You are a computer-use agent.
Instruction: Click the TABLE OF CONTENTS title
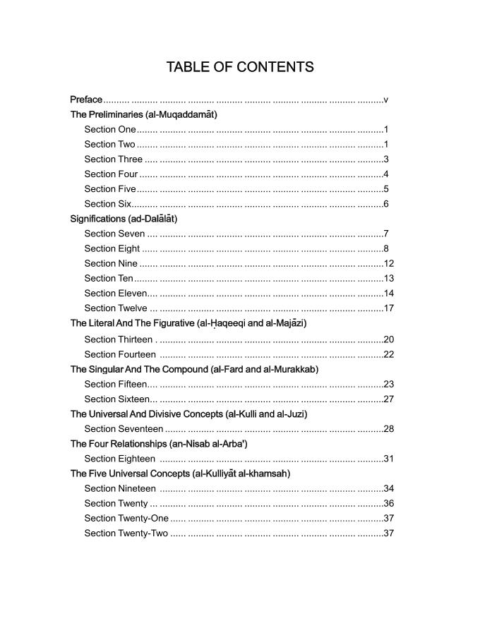240,67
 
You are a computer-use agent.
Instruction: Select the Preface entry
86,100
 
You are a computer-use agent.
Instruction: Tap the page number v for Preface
385,100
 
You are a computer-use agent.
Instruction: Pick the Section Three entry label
113,159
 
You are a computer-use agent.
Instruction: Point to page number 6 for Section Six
386,204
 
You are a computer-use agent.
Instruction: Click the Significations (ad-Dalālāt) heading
124,219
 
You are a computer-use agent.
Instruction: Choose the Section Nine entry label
111,263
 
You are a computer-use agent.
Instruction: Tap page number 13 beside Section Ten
388,278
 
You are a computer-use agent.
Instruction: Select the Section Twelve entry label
116,308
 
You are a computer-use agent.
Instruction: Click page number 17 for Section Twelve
388,308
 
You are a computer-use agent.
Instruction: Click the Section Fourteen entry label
120,354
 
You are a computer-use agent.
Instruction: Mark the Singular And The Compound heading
194,369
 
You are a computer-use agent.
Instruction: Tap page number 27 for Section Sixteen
388,399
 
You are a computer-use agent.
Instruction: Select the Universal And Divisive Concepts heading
188,414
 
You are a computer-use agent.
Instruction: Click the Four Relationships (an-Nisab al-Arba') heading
159,444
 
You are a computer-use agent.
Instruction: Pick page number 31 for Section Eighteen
388,459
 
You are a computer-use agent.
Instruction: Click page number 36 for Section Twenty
388,503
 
